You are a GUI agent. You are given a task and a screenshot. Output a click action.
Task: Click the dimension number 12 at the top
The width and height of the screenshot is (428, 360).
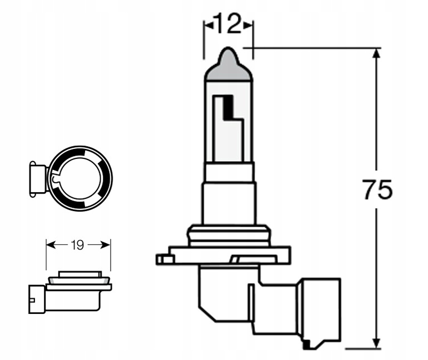228,24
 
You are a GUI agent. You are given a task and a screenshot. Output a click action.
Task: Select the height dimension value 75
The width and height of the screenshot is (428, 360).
377,189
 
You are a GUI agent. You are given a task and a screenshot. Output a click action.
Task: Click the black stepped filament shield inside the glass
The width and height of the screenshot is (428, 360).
228,109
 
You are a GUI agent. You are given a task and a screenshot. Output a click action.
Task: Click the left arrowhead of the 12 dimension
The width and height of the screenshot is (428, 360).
208,25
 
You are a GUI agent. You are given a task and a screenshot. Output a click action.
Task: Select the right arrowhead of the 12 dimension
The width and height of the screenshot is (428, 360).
249,25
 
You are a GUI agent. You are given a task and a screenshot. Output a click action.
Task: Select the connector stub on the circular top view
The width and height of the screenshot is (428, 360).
37,179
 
